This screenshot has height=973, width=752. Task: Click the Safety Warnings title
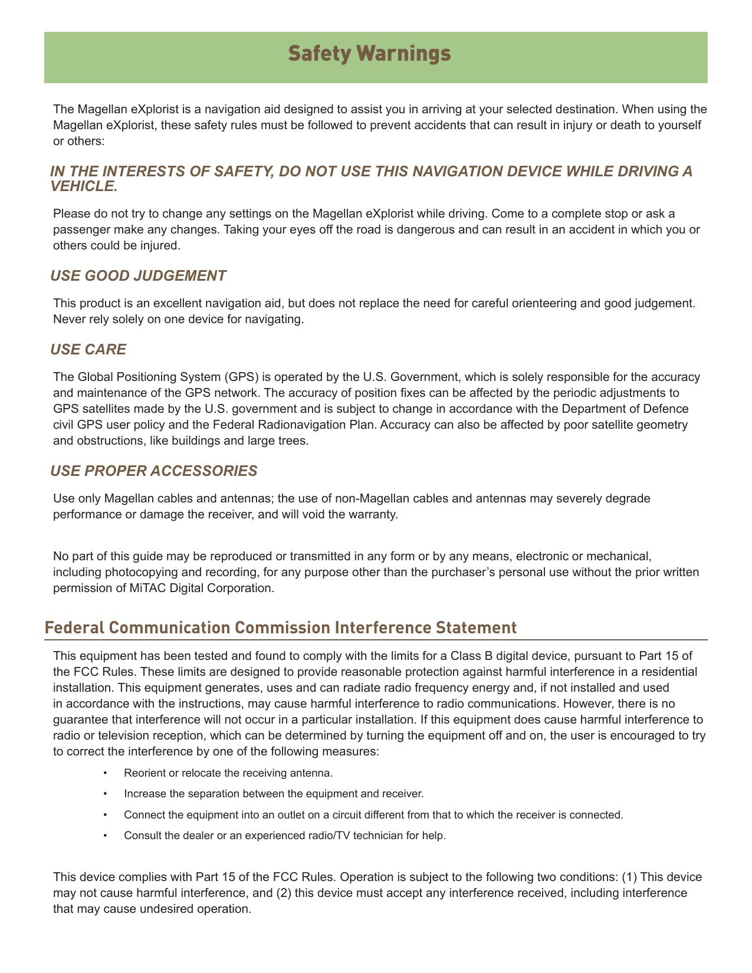tap(369, 54)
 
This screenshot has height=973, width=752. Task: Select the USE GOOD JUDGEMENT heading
tap(138, 276)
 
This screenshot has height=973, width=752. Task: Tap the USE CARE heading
tap(88, 350)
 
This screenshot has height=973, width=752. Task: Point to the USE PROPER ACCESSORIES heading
tap(153, 471)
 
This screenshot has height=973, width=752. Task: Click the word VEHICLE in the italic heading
tap(83, 186)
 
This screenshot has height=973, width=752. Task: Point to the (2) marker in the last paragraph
tap(284, 893)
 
